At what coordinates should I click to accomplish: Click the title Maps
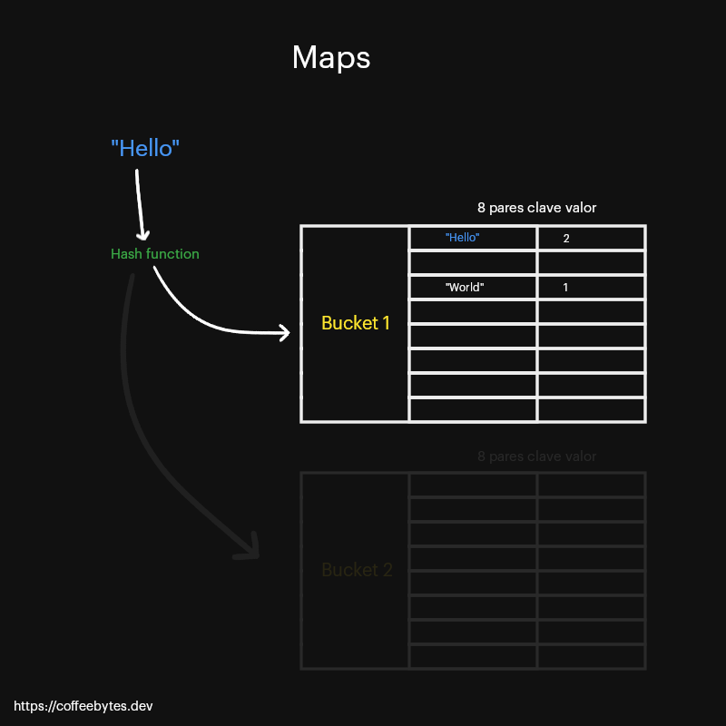[x=331, y=57]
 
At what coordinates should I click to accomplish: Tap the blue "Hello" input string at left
[x=145, y=148]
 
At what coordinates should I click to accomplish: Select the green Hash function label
[x=155, y=254]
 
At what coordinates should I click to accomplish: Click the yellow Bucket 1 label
[x=356, y=323]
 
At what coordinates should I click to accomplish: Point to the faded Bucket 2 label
[x=357, y=570]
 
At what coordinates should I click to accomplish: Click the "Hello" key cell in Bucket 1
[x=473, y=238]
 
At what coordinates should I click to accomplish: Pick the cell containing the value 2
[x=591, y=238]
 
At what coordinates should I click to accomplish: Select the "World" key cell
[x=473, y=287]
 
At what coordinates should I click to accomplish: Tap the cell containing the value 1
[x=591, y=287]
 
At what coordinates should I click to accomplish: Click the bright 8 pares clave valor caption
[x=536, y=208]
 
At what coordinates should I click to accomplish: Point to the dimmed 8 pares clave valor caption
[x=536, y=456]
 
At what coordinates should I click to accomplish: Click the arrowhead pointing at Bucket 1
[x=284, y=333]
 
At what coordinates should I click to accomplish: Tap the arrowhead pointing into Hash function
[x=142, y=233]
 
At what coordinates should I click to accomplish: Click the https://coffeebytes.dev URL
[x=76, y=705]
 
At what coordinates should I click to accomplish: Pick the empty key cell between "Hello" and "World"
[x=473, y=262]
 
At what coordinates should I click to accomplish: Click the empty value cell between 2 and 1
[x=591, y=262]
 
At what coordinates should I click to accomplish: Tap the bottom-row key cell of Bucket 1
[x=473, y=409]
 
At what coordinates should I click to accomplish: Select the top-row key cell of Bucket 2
[x=473, y=485]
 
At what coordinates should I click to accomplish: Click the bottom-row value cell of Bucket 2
[x=591, y=656]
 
